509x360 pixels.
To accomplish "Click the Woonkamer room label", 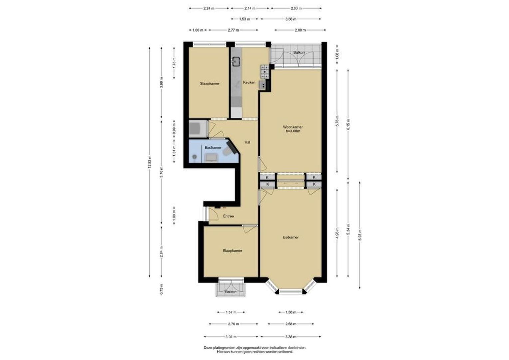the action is click(293, 127).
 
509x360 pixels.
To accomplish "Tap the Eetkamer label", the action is click(291, 237).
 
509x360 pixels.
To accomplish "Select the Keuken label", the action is click(249, 82).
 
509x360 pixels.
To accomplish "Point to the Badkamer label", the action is click(213, 148).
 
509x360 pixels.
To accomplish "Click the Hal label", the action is click(247, 142).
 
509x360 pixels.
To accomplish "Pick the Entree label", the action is click(229, 216).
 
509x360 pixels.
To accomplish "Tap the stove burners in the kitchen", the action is click(264, 72).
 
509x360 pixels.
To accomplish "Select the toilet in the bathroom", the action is click(228, 151).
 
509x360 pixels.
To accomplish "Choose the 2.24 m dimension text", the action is click(209, 8).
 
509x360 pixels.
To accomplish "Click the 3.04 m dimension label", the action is click(231, 337).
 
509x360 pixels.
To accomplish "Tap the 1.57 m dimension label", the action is click(231, 312).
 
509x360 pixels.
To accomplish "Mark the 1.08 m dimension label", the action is click(337, 55).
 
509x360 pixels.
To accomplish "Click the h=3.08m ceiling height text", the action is click(293, 131).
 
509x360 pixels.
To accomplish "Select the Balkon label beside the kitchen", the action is click(299, 53).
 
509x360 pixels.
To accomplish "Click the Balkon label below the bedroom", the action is click(231, 292).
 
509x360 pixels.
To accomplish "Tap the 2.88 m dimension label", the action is click(300, 30).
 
